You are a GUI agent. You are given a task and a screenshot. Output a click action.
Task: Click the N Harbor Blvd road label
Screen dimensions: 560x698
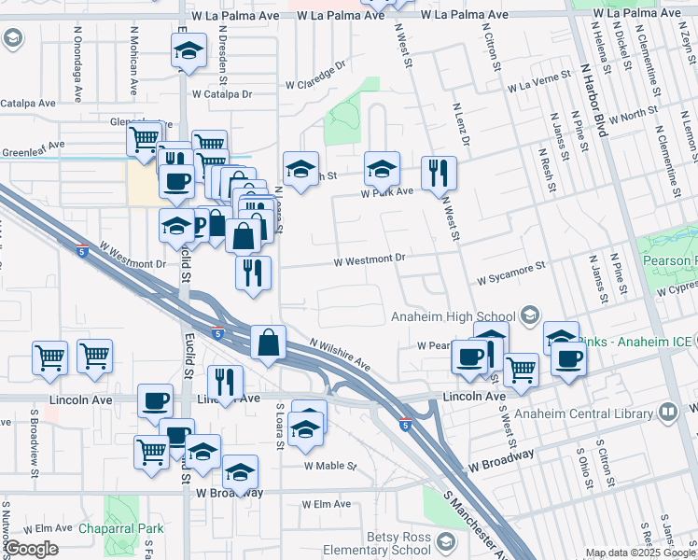point(593,97)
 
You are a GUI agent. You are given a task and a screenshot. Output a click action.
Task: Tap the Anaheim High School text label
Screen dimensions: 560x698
point(454,315)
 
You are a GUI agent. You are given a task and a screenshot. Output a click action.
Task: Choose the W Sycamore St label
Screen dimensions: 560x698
point(510,274)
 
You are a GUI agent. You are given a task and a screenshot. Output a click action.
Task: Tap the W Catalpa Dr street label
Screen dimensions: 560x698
point(222,94)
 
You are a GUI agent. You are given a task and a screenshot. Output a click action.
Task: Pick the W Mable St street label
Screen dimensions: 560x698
point(330,465)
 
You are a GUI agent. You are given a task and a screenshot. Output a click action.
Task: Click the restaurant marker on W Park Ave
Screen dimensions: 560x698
point(438,174)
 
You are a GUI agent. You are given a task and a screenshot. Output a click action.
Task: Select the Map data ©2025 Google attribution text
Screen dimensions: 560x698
point(638,553)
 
